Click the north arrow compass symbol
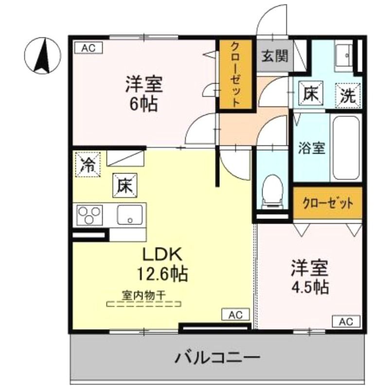point(42,55)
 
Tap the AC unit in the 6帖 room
point(88,48)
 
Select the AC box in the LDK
point(235,315)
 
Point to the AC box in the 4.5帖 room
point(346,322)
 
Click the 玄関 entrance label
point(275,55)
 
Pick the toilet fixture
point(272,191)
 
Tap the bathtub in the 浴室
point(346,148)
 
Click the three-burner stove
point(89,215)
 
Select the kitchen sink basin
point(130,215)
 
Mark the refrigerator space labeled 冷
point(88,164)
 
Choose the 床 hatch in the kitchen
point(125,185)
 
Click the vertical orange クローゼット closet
point(235,75)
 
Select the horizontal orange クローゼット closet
point(327,203)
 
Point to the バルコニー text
point(218,357)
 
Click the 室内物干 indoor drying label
point(143,295)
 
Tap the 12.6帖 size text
point(162,273)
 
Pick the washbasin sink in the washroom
point(343,55)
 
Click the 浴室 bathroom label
point(312,148)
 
